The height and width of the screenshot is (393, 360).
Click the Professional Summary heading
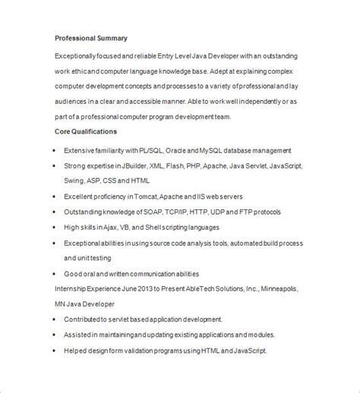click(x=91, y=38)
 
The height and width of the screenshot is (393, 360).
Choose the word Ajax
click(x=109, y=227)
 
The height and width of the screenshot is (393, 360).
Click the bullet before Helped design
click(x=55, y=351)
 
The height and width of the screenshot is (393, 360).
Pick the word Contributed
click(x=84, y=319)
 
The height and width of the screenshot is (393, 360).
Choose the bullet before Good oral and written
click(x=55, y=273)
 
